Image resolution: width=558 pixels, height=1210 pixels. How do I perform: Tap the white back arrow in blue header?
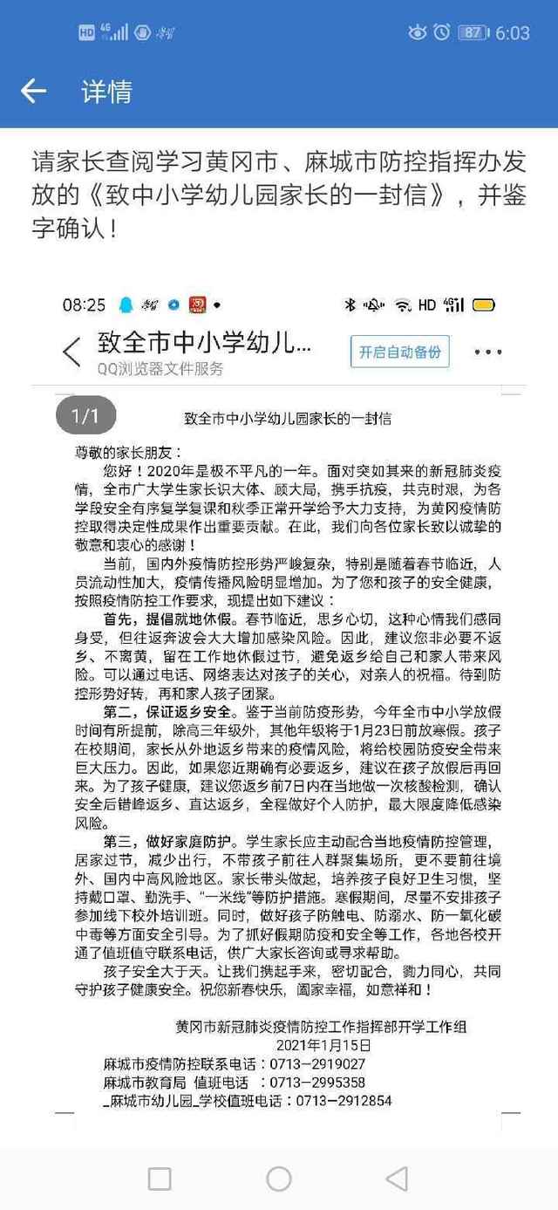point(33,91)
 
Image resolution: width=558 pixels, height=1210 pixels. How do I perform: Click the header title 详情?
point(106,91)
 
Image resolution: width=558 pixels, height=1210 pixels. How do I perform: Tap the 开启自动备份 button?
point(400,352)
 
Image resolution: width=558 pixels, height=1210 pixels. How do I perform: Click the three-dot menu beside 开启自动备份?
point(487,353)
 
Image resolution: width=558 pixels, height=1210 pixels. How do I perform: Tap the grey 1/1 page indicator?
point(85,416)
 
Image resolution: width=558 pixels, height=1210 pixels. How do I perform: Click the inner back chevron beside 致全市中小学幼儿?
point(71,352)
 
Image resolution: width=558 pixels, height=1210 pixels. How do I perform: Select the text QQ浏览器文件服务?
point(160,369)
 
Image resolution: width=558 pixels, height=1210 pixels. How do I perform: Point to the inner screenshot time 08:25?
point(84,305)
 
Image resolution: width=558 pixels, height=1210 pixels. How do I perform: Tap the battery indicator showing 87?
point(472,33)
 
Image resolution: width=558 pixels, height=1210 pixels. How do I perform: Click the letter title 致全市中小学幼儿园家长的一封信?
point(288,419)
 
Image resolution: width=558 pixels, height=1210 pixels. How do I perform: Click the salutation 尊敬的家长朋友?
point(126,453)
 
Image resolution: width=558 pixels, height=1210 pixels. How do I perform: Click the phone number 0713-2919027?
point(317,1064)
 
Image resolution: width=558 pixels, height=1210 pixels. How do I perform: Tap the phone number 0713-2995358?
point(317,1083)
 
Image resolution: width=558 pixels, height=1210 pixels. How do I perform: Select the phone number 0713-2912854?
point(344,1101)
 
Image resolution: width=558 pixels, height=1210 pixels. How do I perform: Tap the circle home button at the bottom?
point(278,1179)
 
